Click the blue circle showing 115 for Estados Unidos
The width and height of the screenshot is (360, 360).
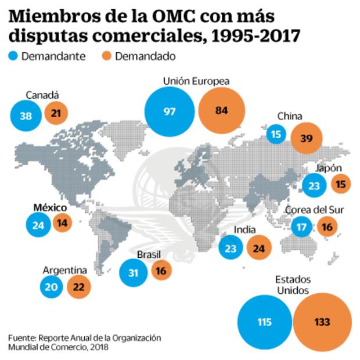pyautogui.click(x=265, y=322)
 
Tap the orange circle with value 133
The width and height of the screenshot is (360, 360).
pyautogui.click(x=322, y=322)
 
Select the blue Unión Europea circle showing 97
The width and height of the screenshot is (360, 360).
pyautogui.click(x=170, y=111)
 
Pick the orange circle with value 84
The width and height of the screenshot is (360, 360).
pyautogui.click(x=221, y=111)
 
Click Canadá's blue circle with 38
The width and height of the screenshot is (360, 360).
pyautogui.click(x=26, y=115)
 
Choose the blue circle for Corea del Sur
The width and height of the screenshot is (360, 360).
pyautogui.click(x=301, y=226)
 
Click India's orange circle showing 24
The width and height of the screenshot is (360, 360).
pyautogui.click(x=259, y=249)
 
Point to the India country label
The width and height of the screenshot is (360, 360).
pyautogui.click(x=244, y=230)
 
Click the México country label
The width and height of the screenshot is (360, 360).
pyautogui.click(x=50, y=207)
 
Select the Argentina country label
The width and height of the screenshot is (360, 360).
pyautogui.click(x=65, y=270)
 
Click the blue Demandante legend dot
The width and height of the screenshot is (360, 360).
pyautogui.click(x=14, y=56)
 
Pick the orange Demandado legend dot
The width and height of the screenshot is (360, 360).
pyautogui.click(x=106, y=56)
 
